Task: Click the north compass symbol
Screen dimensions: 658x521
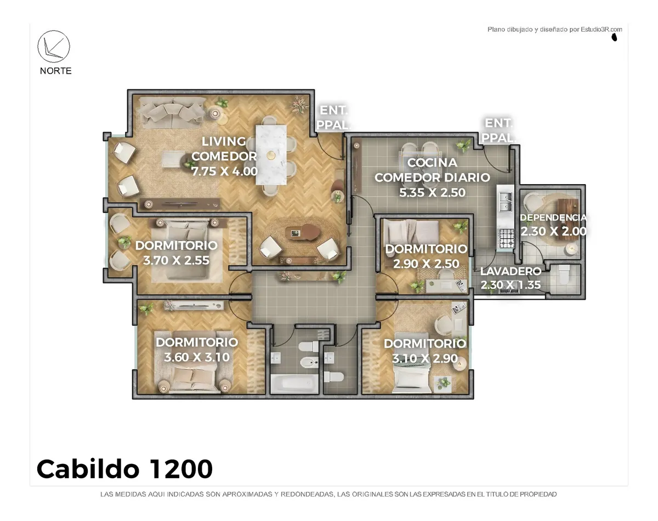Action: click(x=54, y=47)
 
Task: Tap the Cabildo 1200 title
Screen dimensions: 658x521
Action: click(x=124, y=469)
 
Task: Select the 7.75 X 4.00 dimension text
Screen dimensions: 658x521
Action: click(x=224, y=171)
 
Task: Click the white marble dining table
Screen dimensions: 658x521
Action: click(x=271, y=155)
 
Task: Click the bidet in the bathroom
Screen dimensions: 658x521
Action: click(x=309, y=363)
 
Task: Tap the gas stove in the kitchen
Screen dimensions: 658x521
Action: click(x=506, y=238)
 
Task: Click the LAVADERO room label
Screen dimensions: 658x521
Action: click(x=510, y=271)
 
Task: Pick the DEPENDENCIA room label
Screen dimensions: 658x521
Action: click(x=553, y=217)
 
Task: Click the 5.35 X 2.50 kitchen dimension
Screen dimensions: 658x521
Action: click(x=432, y=192)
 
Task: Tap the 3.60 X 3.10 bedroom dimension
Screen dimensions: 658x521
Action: click(x=197, y=357)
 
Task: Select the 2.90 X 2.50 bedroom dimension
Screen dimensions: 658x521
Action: click(x=426, y=264)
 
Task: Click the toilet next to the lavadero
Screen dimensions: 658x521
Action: click(x=564, y=274)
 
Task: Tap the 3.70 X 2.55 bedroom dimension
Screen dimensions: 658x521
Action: click(x=176, y=261)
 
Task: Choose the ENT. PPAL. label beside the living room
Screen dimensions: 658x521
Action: click(x=333, y=118)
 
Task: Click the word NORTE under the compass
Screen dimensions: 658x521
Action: click(x=55, y=71)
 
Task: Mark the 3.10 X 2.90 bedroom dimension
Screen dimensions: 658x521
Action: click(x=425, y=358)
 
